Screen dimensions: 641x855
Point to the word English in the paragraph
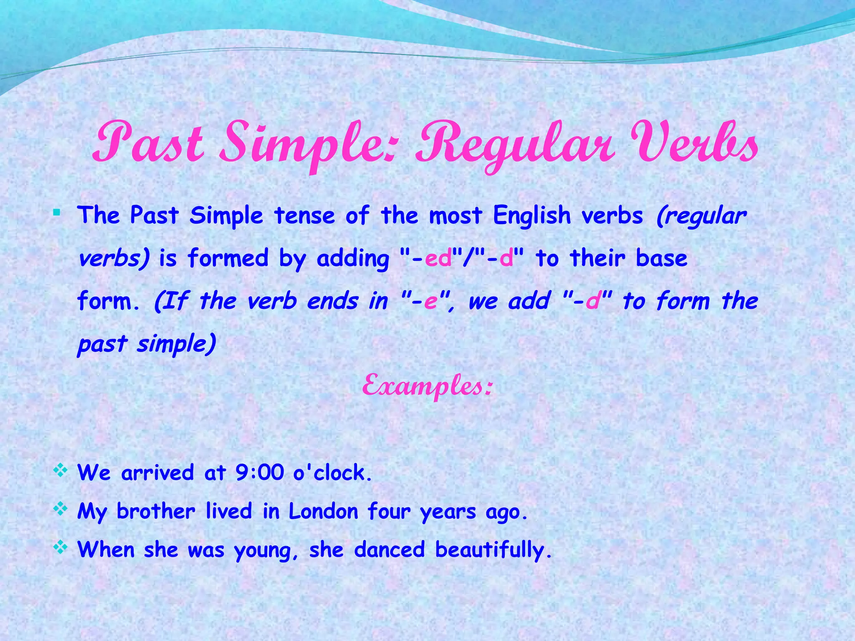coord(531,216)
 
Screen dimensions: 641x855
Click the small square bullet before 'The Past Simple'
coord(57,214)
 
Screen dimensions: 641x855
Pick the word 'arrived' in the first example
coord(157,473)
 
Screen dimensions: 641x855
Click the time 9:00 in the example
coord(259,473)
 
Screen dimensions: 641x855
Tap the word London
coord(323,512)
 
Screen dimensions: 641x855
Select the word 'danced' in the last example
coord(389,550)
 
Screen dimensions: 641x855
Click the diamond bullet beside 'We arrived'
coord(61,471)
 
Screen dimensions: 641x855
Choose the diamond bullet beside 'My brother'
coord(61,510)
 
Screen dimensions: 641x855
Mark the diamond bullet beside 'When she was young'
coord(61,548)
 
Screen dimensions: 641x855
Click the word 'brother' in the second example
coord(156,512)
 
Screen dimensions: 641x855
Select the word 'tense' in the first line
coord(304,216)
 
